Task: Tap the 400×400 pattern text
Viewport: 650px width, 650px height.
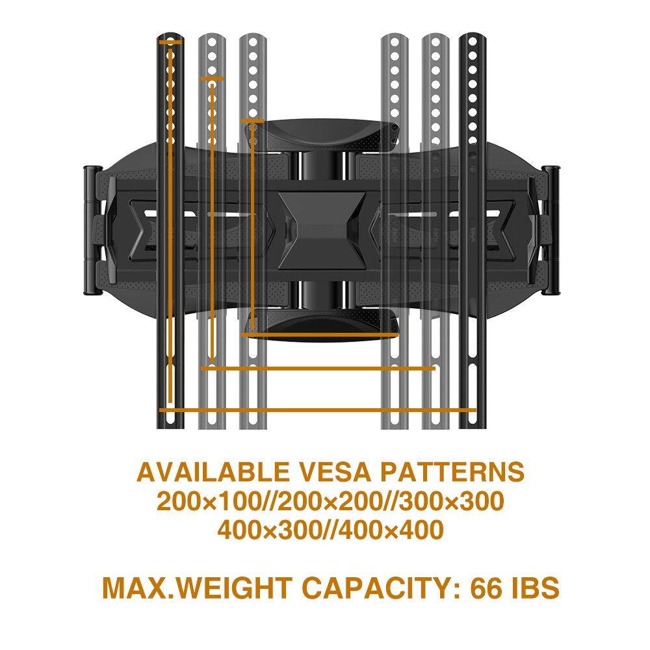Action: pos(393,530)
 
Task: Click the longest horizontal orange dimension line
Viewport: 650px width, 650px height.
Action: pos(318,410)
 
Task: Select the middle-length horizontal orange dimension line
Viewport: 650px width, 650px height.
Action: pos(318,369)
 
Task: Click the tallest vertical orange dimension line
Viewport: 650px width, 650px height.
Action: pos(170,221)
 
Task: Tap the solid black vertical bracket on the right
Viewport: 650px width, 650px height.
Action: pos(469,231)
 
